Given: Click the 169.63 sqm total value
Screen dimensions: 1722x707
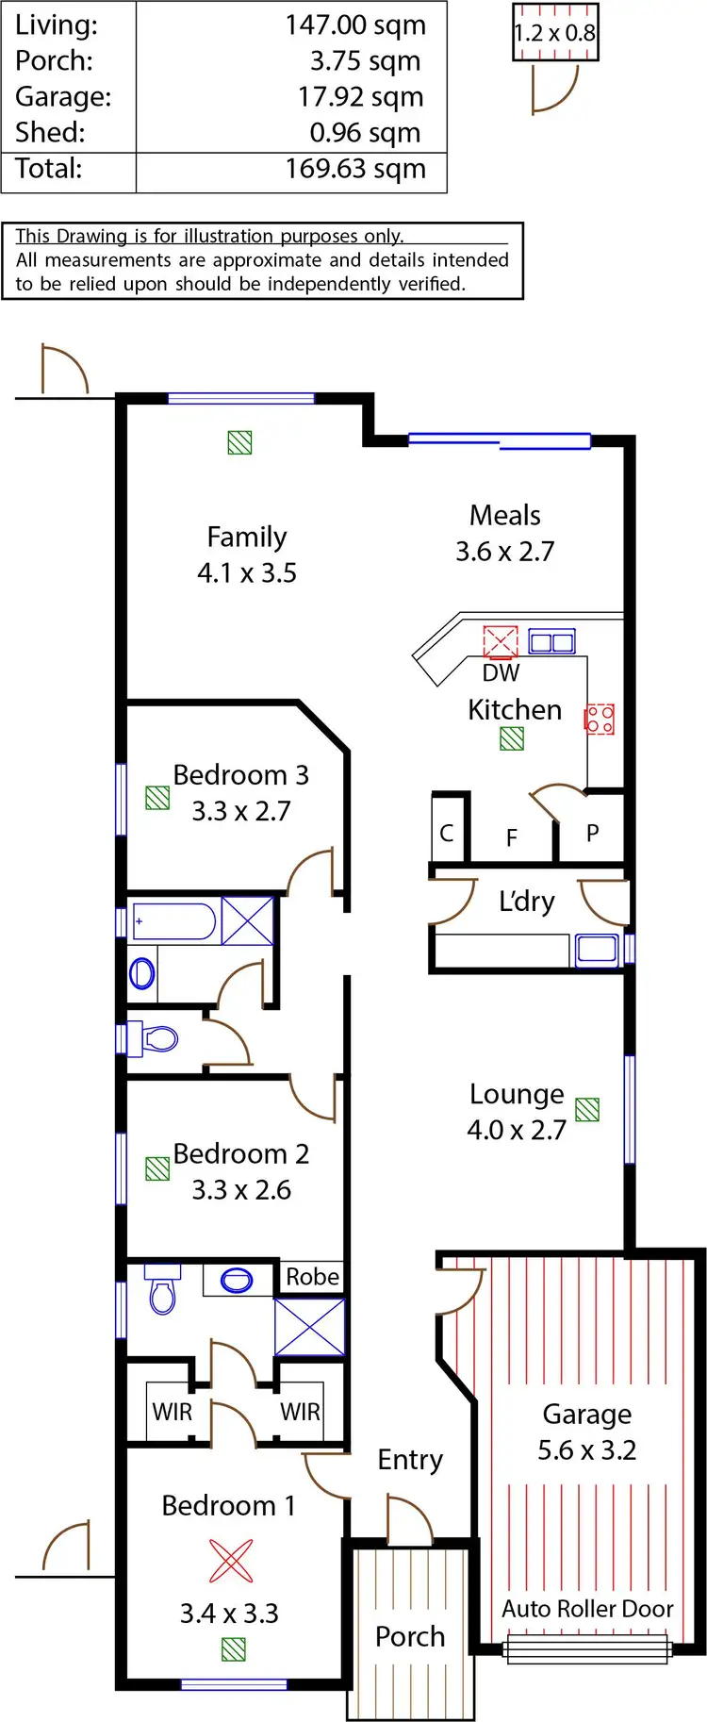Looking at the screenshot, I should pos(355,169).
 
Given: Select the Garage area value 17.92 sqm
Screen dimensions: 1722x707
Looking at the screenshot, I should pos(360,97).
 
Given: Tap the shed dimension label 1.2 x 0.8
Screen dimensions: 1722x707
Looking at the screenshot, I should pos(555,33).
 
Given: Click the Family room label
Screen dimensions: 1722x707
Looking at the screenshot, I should pos(246,537).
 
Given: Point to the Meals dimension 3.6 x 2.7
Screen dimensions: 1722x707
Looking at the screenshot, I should pos(505,551).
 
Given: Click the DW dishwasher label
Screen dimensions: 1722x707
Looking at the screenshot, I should pos(501,672).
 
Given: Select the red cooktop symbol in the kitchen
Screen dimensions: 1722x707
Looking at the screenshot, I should pos(600,720).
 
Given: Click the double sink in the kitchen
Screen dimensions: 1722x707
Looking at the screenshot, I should pos(551,642).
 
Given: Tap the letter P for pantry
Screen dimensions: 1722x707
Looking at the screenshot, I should pos(592,833).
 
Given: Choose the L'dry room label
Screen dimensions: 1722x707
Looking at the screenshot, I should pos(526,902).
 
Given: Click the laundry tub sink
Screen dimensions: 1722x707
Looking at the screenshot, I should pos(597,949).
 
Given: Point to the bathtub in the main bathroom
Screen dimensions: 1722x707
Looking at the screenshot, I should pos(174,921).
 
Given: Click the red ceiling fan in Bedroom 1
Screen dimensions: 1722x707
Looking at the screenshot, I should pos(231,1561).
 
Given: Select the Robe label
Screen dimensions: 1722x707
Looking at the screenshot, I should pos(312,1277).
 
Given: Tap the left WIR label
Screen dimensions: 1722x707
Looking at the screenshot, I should pos(172,1412).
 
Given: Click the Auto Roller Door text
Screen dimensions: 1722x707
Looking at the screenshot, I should pos(587,1609).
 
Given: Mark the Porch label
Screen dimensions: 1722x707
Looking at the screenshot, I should pos(410,1636).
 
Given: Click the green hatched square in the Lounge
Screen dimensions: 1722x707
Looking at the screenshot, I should pos(587,1109).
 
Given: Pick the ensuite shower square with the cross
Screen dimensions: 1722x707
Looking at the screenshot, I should pos(309,1327).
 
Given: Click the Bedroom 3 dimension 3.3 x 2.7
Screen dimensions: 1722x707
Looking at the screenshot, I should pos(241,811).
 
